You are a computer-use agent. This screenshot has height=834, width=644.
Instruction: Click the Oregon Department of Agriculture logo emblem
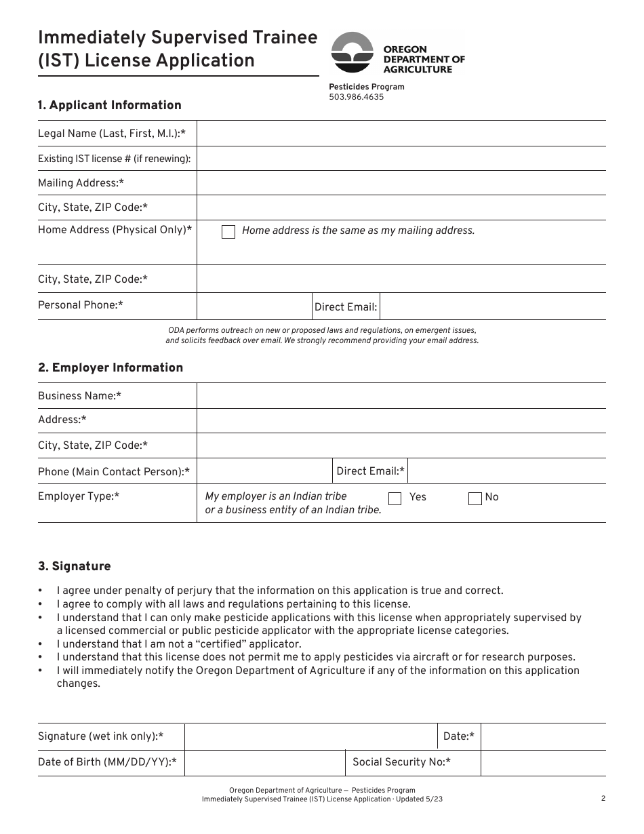click(352, 53)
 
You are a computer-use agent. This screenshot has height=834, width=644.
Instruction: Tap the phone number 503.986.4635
click(356, 97)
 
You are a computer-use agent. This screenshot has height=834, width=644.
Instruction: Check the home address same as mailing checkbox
click(228, 232)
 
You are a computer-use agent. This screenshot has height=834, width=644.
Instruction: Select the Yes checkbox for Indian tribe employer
click(395, 498)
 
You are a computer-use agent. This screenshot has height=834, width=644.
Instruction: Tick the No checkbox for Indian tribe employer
click(475, 498)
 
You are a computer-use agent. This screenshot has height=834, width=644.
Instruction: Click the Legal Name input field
click(401, 134)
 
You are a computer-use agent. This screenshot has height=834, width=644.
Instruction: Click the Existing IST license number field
click(401, 159)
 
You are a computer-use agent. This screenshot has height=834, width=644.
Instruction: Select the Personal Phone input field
click(254, 306)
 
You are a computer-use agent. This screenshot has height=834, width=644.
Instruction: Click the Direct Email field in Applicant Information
click(493, 306)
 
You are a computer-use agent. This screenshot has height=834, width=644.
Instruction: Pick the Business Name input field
click(401, 396)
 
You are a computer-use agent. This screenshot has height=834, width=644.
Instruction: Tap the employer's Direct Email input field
click(507, 471)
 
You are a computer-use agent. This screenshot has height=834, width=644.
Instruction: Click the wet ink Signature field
click(310, 736)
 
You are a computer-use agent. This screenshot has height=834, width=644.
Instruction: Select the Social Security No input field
click(543, 763)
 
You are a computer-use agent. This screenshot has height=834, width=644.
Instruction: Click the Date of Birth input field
click(264, 763)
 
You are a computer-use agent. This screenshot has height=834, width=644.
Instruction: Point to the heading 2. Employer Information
click(110, 368)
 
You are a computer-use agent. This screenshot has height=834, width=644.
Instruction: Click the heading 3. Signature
click(74, 566)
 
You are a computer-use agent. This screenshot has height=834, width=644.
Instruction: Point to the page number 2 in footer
click(603, 799)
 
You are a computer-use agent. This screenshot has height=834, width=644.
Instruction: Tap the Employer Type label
click(79, 496)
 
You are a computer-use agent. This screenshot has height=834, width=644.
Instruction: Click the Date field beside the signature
click(543, 736)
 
